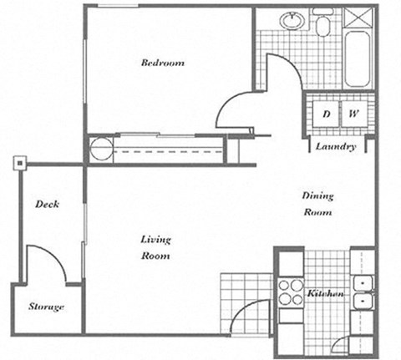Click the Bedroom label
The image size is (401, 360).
(162, 63)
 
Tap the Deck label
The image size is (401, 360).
(46, 204)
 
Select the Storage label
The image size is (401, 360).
(45, 307)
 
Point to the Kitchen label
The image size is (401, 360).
(327, 294)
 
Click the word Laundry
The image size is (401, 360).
(336, 146)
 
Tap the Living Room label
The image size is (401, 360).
(155, 247)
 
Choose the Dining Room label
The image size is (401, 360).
(317, 204)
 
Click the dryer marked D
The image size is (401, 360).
(327, 114)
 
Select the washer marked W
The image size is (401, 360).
(354, 114)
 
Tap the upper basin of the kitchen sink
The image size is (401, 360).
(363, 283)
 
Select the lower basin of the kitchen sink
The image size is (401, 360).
(363, 301)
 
